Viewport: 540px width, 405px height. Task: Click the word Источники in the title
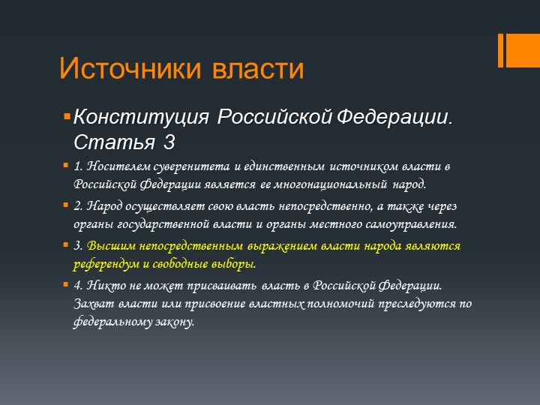[x=130, y=67]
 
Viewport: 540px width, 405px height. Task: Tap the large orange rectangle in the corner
[x=523, y=50]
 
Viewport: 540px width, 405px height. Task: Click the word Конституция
[x=141, y=117]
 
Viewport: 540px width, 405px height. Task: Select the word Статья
[x=114, y=142]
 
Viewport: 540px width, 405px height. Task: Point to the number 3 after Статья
[x=169, y=142]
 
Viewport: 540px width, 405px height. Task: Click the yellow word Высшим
[x=112, y=246]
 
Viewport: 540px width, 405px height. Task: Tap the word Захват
[x=94, y=304]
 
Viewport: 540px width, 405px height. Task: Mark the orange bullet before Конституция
[x=67, y=116]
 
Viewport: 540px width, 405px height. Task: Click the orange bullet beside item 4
[x=66, y=285]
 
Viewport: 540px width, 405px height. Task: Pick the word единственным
[x=283, y=166]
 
